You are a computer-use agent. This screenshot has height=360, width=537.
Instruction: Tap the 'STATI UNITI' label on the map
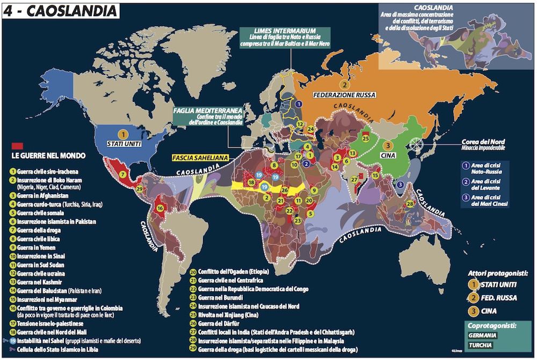click(x=125, y=144)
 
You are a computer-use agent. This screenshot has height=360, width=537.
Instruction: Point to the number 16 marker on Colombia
click(x=159, y=208)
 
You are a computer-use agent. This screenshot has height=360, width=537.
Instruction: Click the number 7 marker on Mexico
click(x=123, y=174)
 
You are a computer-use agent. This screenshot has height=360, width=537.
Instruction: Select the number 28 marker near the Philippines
click(x=410, y=203)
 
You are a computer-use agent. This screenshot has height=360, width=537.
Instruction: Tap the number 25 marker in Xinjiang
click(x=366, y=138)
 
